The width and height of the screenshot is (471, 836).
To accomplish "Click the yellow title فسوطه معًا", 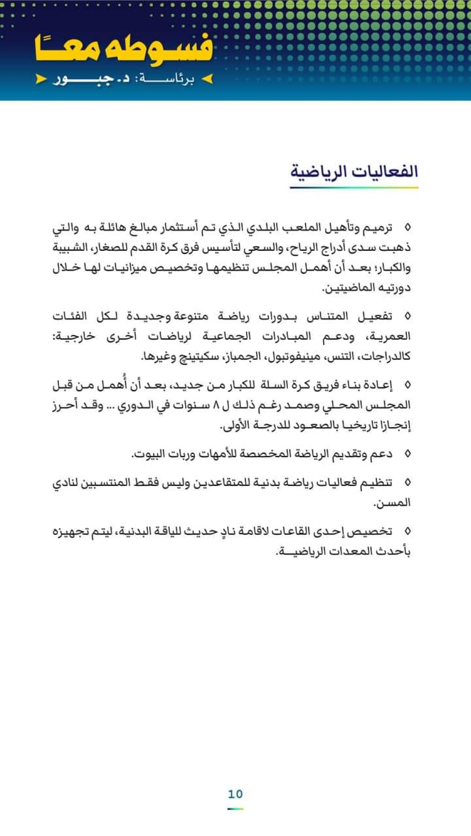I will coord(123,49).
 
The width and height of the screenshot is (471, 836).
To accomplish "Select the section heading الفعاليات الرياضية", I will coord(354,171).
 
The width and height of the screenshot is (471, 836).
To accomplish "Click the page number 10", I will coord(235,794).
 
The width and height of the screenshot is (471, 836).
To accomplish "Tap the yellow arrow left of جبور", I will coord(41,79).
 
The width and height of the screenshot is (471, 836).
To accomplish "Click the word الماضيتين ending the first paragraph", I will coord(346,287).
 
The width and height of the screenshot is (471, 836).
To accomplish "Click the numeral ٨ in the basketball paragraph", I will coord(216,405).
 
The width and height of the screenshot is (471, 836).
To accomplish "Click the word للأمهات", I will coord(219,454).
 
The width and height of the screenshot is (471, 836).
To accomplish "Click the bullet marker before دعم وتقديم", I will coord(407,454).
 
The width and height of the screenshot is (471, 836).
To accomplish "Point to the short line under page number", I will coord(235,809).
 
